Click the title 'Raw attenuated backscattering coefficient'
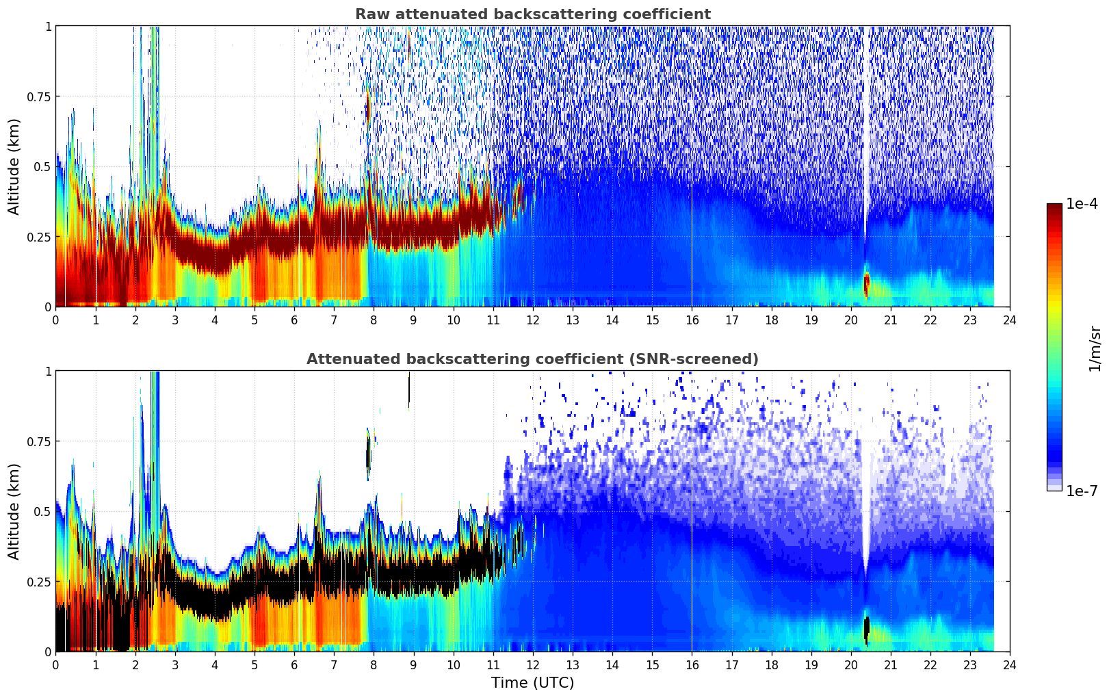tap(532, 14)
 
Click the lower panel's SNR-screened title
tap(532, 359)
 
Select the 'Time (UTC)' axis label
tap(532, 683)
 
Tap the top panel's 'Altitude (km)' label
tap(14, 166)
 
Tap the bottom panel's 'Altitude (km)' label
tap(14, 511)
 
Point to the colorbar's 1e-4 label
tap(1082, 204)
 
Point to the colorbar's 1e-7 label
tap(1082, 491)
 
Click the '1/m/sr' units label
tap(1094, 348)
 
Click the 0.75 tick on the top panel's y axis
tap(38, 96)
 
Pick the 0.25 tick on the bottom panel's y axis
tap(38, 582)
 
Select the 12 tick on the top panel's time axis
tap(533, 320)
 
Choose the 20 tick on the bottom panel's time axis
tap(850, 664)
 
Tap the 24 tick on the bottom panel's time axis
tap(1010, 664)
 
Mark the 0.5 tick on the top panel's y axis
tap(43, 166)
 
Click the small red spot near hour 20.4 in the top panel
tap(867, 283)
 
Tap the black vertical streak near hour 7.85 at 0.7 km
tap(368, 453)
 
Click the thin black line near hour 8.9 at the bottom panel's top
tap(409, 389)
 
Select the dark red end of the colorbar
tap(1054, 209)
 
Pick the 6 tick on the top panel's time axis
tap(294, 320)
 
